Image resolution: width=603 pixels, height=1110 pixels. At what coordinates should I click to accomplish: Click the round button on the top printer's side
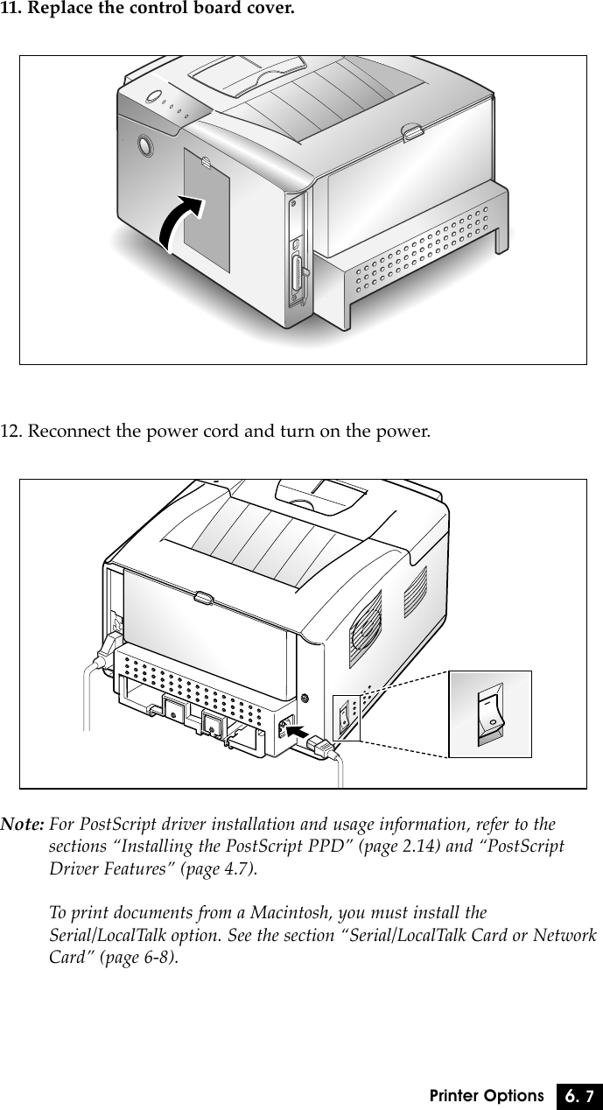143,144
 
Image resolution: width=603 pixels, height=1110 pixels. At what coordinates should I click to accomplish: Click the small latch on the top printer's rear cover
409,132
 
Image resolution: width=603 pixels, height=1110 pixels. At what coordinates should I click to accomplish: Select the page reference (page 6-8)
139,957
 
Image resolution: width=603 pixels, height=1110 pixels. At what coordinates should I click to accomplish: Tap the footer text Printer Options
487,1096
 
